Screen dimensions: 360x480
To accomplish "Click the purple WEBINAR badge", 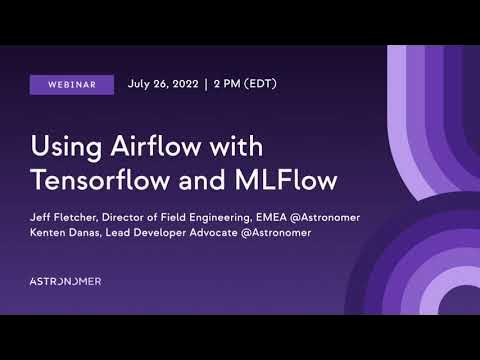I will click(x=72, y=85).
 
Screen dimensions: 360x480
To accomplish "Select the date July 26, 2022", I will click(x=162, y=84).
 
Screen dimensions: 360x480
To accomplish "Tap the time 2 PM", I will click(x=230, y=84).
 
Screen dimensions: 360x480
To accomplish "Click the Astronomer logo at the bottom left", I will click(x=65, y=281).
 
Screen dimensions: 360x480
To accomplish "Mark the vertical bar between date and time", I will click(x=205, y=84).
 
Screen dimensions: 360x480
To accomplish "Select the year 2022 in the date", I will click(x=181, y=84).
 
